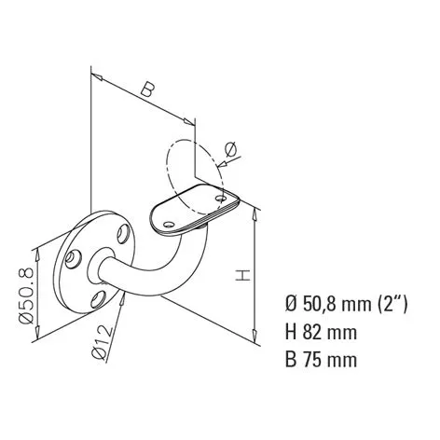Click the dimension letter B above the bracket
tap(147, 89)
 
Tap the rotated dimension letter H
tap(242, 276)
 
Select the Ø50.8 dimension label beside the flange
tap(26, 296)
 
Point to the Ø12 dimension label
tap(102, 342)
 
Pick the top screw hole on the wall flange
tap(123, 234)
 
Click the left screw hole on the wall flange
tap(73, 259)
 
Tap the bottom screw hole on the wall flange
tap(99, 299)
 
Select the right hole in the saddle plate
tap(221, 198)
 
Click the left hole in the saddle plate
tap(169, 224)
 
